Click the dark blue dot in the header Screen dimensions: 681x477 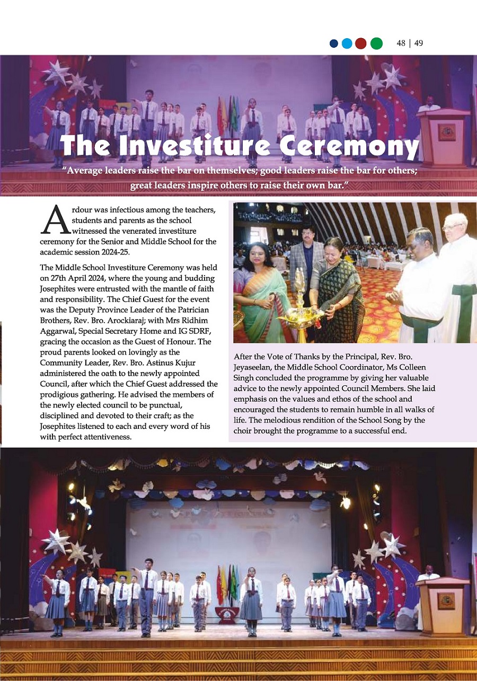(334, 43)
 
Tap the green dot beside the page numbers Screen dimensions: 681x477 (376, 43)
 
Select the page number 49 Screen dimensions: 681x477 (418, 43)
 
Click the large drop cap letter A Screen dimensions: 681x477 (55, 220)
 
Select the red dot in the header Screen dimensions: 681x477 (361, 43)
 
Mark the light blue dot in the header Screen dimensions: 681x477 (347, 43)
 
